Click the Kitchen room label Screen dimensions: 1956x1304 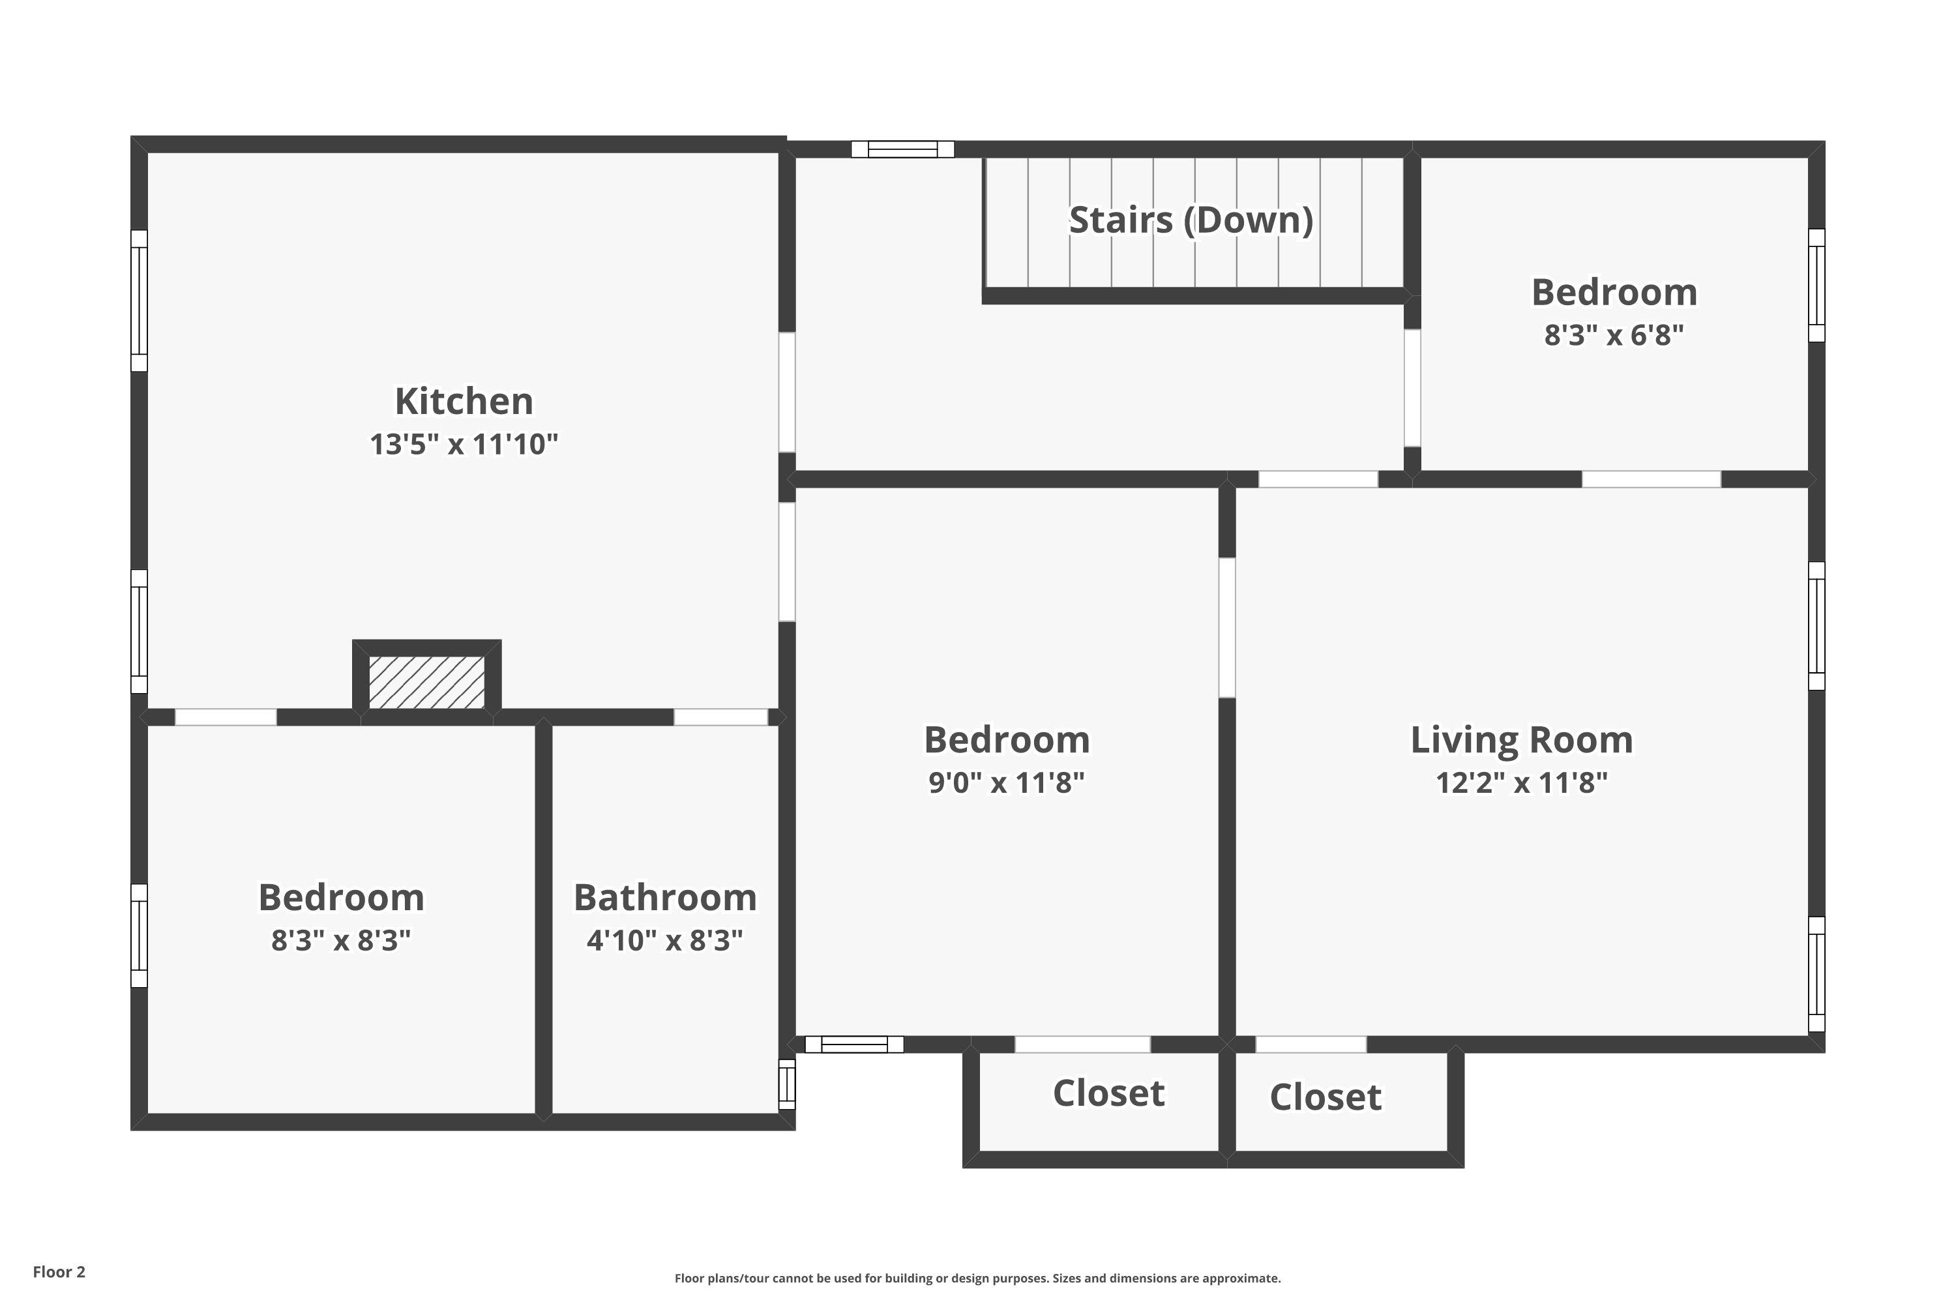463,401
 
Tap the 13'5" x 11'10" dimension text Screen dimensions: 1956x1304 463,444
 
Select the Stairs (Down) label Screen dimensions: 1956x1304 1191,220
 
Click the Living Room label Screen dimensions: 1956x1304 1521,740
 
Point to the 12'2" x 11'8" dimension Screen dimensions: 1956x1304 1521,782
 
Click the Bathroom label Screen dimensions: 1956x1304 665,897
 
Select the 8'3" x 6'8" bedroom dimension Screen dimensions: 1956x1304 1613,335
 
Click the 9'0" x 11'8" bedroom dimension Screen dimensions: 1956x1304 1006,782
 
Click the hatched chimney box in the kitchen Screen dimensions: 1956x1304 426,682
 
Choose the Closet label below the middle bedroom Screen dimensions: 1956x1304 1108,1093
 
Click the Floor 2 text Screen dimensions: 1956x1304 59,1271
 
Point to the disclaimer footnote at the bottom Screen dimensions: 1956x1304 977,1278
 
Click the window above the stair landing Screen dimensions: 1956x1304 902,150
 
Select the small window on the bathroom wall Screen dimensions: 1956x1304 787,1084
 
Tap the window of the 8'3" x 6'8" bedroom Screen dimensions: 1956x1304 1817,286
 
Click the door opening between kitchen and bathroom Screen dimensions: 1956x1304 720,717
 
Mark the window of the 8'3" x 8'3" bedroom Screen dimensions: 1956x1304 139,936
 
